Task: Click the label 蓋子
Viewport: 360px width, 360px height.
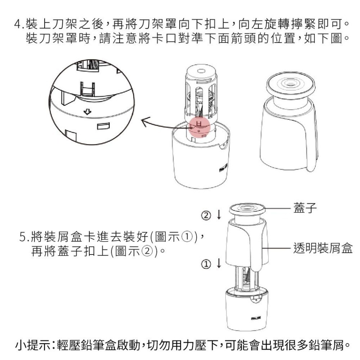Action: [x=305, y=208]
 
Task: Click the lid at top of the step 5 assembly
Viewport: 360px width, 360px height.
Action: [x=247, y=209]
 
